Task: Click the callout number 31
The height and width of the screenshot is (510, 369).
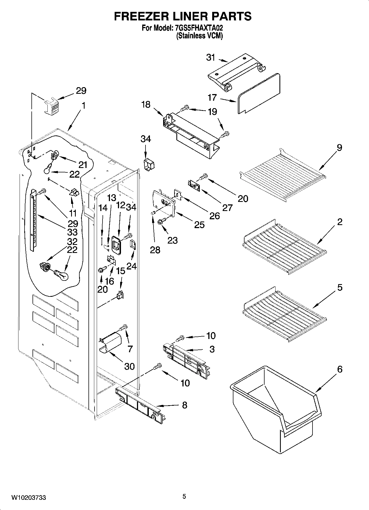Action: pyautogui.click(x=211, y=58)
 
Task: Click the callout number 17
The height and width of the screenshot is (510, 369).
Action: pyautogui.click(x=212, y=98)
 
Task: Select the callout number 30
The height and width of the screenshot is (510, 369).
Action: pyautogui.click(x=129, y=366)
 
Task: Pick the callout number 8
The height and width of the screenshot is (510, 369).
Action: pyautogui.click(x=185, y=405)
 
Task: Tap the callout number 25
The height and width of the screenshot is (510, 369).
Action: pyautogui.click(x=199, y=225)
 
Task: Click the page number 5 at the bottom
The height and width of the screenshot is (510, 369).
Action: pyautogui.click(x=184, y=496)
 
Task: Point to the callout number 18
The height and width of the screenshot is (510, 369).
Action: pyautogui.click(x=146, y=105)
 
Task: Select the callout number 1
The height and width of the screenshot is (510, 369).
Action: pyautogui.click(x=84, y=106)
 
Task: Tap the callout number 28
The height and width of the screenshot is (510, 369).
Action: pyautogui.click(x=155, y=250)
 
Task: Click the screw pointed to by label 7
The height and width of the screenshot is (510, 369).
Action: pyautogui.click(x=123, y=327)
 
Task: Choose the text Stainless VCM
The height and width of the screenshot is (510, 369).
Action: pyautogui.click(x=200, y=36)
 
